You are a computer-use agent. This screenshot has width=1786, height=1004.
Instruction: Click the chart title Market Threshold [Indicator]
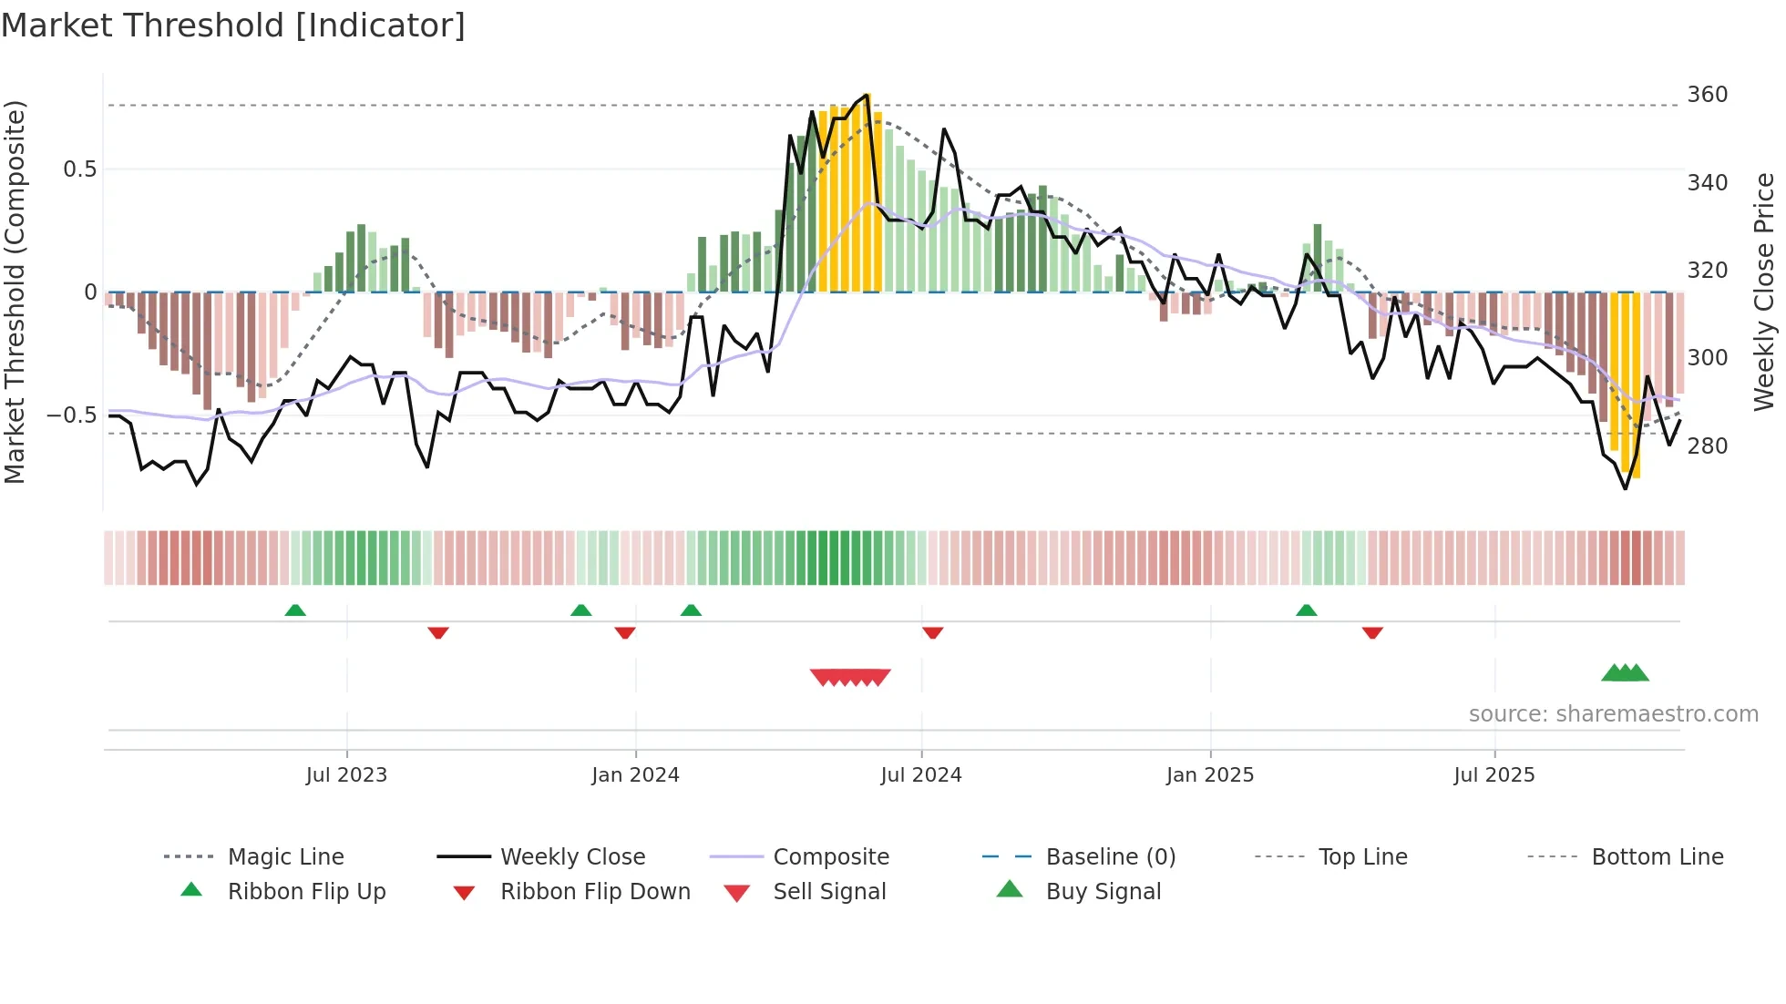pyautogui.click(x=233, y=26)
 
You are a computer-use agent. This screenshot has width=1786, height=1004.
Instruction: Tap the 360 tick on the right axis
pyautogui.click(x=1707, y=95)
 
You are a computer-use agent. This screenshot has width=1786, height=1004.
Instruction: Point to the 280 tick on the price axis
pyautogui.click(x=1707, y=446)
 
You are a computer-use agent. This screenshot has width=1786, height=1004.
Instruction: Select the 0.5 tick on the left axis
pyautogui.click(x=79, y=169)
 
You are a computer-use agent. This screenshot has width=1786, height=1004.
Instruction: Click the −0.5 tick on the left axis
pyautogui.click(x=71, y=415)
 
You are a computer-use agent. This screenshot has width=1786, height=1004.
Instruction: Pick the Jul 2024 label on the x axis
pyautogui.click(x=920, y=775)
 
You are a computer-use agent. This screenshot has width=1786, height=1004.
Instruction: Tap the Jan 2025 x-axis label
pyautogui.click(x=1209, y=775)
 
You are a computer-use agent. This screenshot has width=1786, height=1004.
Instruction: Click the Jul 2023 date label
pyautogui.click(x=346, y=775)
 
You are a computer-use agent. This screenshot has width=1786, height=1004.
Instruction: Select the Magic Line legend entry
pyautogui.click(x=285, y=857)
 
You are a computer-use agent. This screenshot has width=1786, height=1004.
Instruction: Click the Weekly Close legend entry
pyautogui.click(x=572, y=857)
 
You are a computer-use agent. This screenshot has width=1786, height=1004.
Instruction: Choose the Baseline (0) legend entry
pyautogui.click(x=1110, y=857)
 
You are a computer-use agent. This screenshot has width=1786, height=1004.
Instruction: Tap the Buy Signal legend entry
pyautogui.click(x=1103, y=892)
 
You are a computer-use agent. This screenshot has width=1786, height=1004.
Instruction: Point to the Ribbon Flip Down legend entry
pyautogui.click(x=595, y=892)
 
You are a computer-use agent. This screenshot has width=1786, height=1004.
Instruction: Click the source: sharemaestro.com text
pyautogui.click(x=1613, y=714)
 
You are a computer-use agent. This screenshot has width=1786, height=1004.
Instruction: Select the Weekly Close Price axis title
pyautogui.click(x=1764, y=292)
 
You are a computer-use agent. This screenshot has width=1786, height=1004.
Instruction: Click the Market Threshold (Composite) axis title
pyautogui.click(x=15, y=292)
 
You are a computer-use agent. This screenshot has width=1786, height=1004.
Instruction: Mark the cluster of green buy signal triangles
pyautogui.click(x=1625, y=673)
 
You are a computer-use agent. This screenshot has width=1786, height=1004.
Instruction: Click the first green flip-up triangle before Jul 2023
pyautogui.click(x=295, y=610)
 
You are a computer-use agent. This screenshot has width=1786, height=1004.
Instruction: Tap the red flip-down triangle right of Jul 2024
pyautogui.click(x=932, y=632)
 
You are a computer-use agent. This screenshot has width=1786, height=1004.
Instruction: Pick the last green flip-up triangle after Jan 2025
pyautogui.click(x=1306, y=610)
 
